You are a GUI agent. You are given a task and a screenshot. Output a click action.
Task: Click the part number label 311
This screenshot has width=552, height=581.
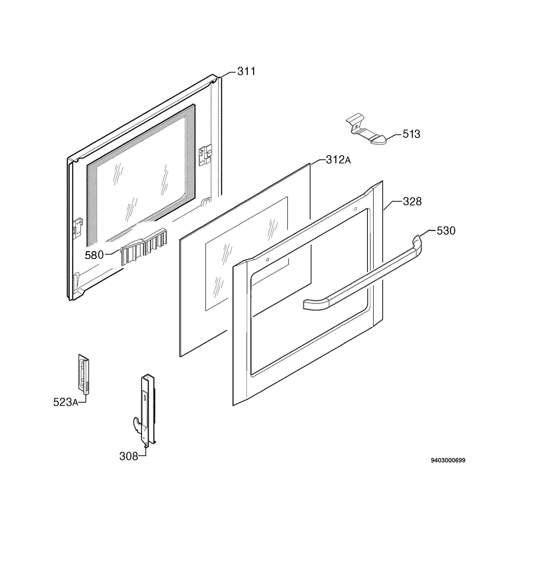point(247,71)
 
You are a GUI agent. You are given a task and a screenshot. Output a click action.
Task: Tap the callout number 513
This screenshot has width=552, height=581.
point(411,134)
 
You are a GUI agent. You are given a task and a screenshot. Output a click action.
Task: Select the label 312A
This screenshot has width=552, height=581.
point(338,160)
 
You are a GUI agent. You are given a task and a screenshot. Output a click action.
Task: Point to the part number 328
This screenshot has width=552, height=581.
point(412,202)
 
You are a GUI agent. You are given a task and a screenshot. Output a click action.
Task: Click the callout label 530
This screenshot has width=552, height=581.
point(446,231)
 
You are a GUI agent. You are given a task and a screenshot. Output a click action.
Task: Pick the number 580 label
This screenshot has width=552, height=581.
point(94,255)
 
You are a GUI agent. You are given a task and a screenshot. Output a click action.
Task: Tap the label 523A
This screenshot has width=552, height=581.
point(66,402)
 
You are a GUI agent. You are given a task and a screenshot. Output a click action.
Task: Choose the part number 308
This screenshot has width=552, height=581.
point(129,457)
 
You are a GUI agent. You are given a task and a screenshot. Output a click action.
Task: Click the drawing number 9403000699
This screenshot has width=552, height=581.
point(448,461)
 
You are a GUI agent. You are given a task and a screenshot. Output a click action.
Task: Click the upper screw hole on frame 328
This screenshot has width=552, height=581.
point(355,209)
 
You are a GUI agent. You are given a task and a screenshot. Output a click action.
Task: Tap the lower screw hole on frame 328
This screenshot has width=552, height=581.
point(268,260)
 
